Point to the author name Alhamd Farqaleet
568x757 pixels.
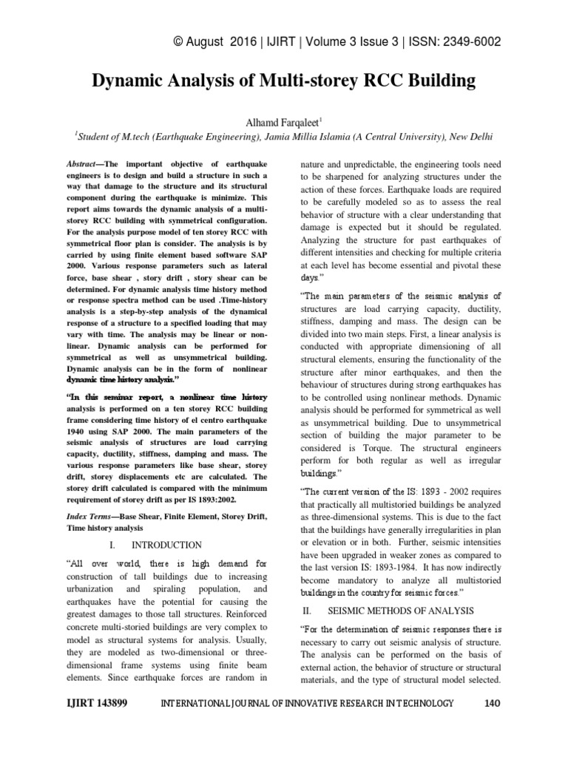(x=282, y=120)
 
